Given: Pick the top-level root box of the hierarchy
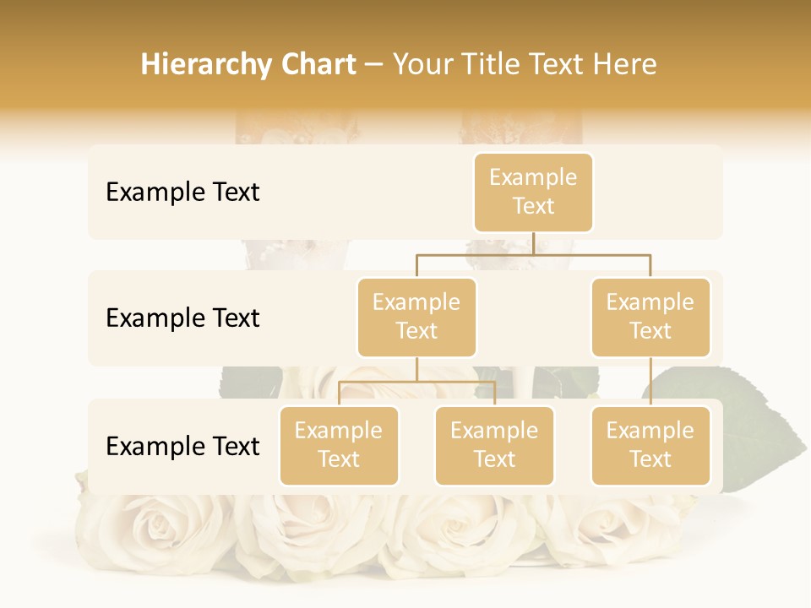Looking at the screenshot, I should coord(533,192).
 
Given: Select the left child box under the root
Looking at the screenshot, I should coord(416,317).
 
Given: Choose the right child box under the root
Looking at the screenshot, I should coord(650,317).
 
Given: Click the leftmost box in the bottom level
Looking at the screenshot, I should coord(339,445).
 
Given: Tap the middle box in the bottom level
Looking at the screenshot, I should coord(494,445).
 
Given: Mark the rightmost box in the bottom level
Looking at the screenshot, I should coord(650,445).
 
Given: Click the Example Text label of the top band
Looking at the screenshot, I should coord(182,193).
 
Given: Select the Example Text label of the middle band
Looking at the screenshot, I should coord(182,318).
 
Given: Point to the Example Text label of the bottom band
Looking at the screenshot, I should coord(182,447).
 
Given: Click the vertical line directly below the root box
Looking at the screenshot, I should coord(533,243).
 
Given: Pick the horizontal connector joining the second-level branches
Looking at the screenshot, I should coord(533,254).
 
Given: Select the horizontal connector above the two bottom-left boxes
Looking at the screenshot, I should coord(416,382).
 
